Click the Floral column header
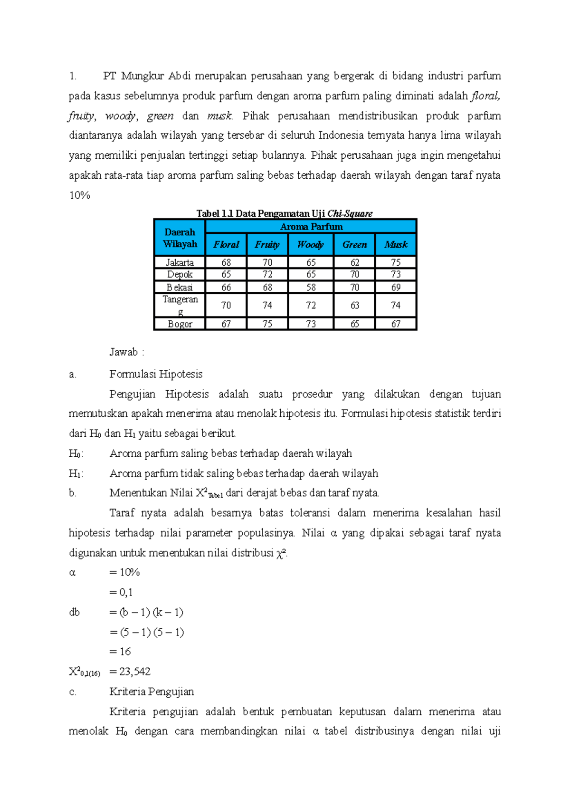pos(226,245)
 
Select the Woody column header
pos(311,245)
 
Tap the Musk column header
pos(396,245)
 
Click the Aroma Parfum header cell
pos(311,227)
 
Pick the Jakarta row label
pos(180,262)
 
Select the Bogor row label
pos(180,324)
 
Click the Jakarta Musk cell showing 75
pos(396,262)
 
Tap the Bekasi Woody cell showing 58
pos(311,288)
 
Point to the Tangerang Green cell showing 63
pos(354,305)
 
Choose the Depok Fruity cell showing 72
pos(267,275)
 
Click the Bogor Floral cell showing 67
pos(226,324)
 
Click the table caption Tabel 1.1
pos(285,213)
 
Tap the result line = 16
pos(120,652)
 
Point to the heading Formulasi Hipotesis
pos(156,374)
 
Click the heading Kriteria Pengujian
pos(152,692)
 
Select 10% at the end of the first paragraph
pos(79,195)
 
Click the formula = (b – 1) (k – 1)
pos(146,612)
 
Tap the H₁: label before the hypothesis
pos(76,473)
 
